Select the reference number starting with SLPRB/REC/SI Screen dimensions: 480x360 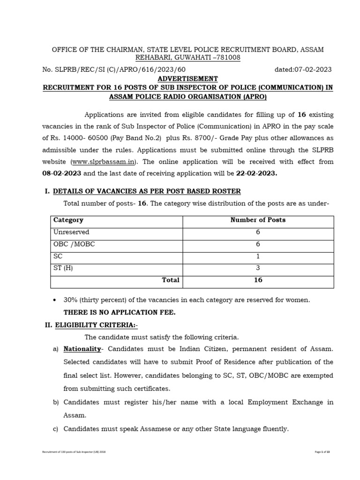pos(111,70)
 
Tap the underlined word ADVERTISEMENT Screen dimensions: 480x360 pos(187,79)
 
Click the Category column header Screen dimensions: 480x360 pos(68,220)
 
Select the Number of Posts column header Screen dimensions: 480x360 pos(258,220)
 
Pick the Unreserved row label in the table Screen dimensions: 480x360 pos(71,232)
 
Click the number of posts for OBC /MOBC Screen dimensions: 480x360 pos(258,244)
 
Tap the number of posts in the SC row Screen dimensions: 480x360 pos(258,256)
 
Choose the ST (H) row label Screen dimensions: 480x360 pos(63,268)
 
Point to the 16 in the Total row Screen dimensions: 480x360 pos(258,280)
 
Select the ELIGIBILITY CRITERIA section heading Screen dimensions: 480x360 pos(97,324)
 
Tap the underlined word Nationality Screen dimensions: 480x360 pos(82,349)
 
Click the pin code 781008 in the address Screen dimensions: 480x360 pos(228,58)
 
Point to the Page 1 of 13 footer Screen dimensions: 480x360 pos(325,451)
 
